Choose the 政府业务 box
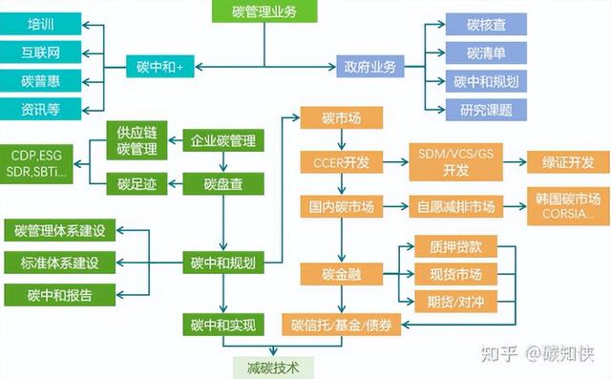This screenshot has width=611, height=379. [x=369, y=67]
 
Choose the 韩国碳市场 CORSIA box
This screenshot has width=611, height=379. [x=567, y=206]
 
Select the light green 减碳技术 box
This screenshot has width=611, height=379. [x=271, y=367]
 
